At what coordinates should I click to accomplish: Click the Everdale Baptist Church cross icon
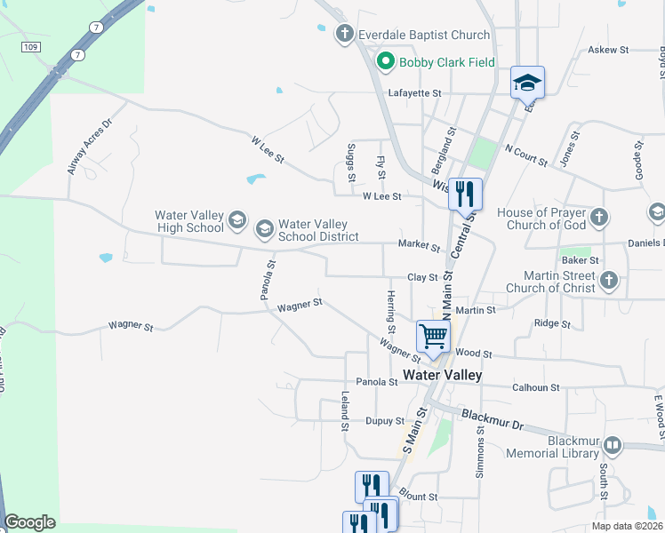(345, 35)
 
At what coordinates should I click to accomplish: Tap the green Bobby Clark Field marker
(386, 62)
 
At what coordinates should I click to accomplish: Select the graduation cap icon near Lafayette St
(527, 83)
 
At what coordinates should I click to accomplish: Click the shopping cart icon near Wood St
(433, 337)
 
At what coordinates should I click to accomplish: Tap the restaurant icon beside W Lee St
(465, 194)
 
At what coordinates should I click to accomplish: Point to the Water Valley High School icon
(236, 220)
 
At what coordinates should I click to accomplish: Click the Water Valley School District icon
(264, 230)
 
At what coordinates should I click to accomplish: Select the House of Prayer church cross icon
(599, 218)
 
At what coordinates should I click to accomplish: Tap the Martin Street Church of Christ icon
(608, 281)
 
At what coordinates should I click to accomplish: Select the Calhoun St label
(536, 387)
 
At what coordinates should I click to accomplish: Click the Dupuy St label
(385, 421)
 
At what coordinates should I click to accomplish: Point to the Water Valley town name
(442, 375)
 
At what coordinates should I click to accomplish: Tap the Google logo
(30, 522)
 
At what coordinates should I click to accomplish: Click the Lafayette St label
(415, 92)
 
